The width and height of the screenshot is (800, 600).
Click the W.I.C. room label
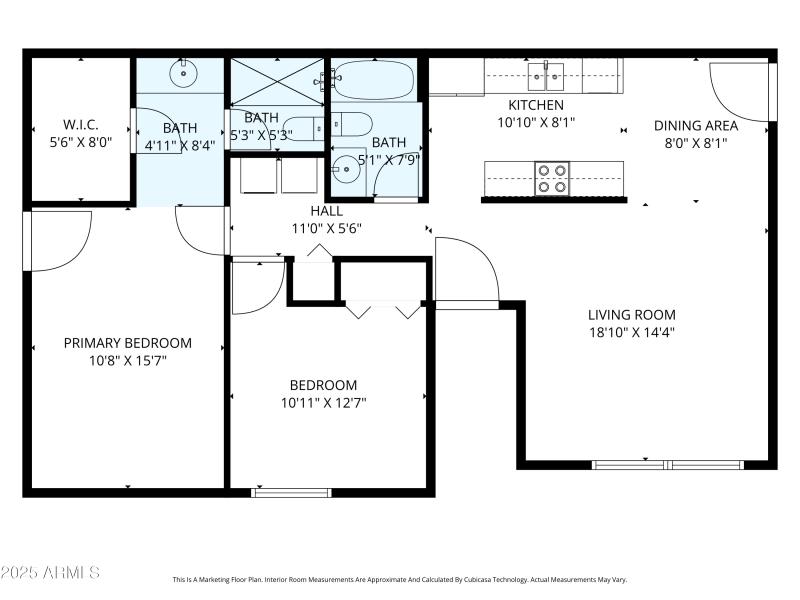pyautogui.click(x=80, y=125)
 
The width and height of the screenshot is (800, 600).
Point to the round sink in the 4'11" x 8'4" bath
pyautogui.click(x=184, y=72)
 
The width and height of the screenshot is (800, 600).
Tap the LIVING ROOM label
pyautogui.click(x=631, y=314)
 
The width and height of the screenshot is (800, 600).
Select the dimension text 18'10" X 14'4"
pyautogui.click(x=631, y=333)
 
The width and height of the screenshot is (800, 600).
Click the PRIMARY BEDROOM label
pyautogui.click(x=128, y=343)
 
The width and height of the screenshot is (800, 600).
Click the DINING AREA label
pyautogui.click(x=696, y=125)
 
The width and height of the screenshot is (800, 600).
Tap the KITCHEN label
pyautogui.click(x=536, y=105)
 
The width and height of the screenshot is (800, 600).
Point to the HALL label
pyautogui.click(x=326, y=211)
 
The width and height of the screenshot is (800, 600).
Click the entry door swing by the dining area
pyautogui.click(x=740, y=92)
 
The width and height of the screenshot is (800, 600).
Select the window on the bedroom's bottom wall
pyautogui.click(x=291, y=492)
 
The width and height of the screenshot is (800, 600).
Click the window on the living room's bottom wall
pyautogui.click(x=667, y=464)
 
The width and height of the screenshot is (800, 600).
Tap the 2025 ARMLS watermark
pyautogui.click(x=50, y=573)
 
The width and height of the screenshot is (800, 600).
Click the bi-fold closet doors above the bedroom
pyautogui.click(x=383, y=309)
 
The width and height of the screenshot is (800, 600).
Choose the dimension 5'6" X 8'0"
pyautogui.click(x=80, y=143)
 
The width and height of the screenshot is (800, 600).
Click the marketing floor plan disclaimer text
pyautogui.click(x=400, y=579)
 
